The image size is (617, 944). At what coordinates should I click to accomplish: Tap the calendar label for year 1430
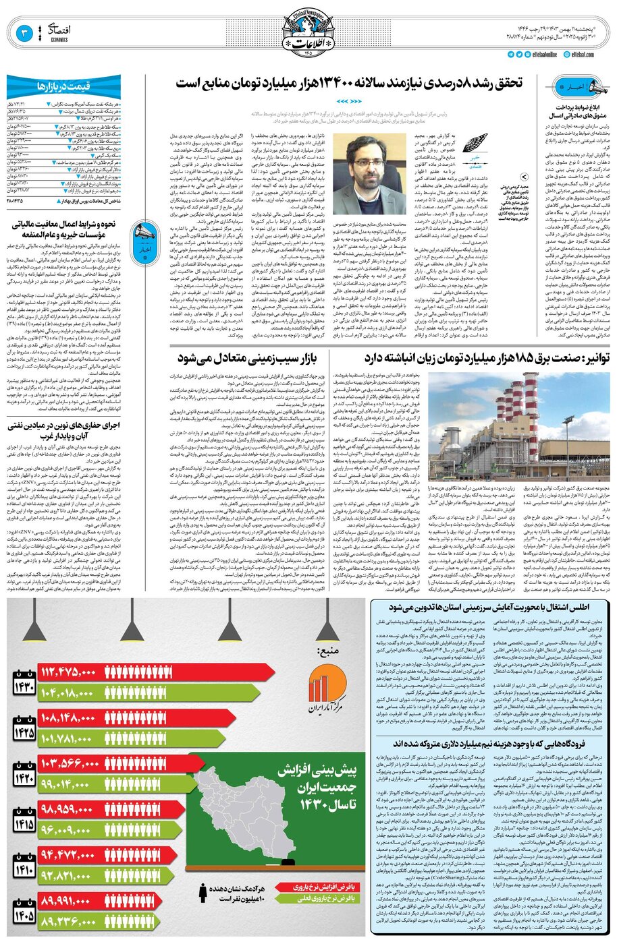[23, 664]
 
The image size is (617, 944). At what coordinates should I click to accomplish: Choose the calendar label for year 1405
[23, 910]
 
